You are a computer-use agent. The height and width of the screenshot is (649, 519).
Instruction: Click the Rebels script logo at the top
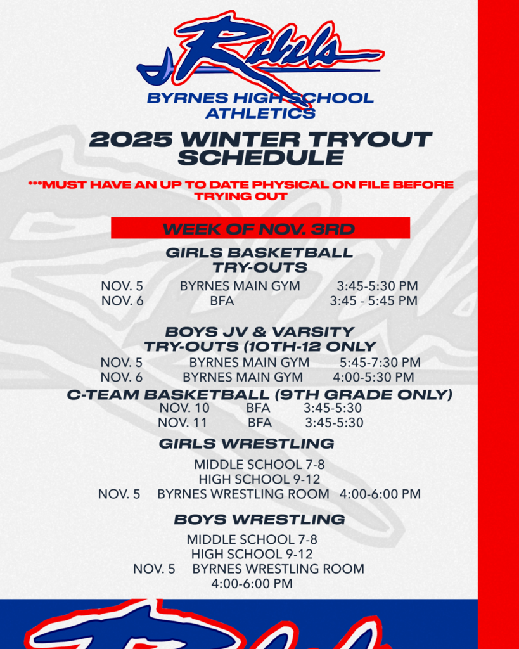tap(260, 51)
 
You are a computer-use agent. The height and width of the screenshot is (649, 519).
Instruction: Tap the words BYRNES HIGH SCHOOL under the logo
tap(260, 98)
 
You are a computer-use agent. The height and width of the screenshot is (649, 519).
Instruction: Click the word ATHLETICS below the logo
tap(260, 113)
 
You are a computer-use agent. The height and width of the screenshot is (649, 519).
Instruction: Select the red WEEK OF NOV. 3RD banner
tap(260, 228)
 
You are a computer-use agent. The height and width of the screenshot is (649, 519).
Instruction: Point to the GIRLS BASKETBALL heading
tap(259, 252)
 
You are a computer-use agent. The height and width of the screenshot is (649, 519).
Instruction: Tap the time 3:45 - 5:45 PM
tap(373, 300)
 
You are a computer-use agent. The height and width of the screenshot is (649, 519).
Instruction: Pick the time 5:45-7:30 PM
tap(380, 363)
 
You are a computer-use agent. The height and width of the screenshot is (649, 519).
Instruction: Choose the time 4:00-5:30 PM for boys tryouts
tap(373, 377)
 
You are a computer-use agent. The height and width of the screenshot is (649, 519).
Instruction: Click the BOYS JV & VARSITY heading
tap(259, 331)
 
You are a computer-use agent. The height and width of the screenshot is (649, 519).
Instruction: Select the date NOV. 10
tap(184, 408)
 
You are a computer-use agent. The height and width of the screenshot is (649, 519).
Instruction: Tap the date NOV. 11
tap(183, 422)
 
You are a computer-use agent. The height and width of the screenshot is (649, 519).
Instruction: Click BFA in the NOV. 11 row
tap(260, 422)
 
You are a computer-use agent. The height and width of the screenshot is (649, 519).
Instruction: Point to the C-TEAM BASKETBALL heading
tap(259, 395)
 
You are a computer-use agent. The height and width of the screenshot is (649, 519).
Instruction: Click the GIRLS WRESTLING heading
tap(247, 443)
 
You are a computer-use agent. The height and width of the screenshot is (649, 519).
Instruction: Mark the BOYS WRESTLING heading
tap(259, 520)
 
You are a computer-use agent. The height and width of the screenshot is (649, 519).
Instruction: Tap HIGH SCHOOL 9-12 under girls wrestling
tap(259, 479)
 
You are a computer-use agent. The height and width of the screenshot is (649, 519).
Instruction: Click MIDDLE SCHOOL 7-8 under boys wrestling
tap(252, 539)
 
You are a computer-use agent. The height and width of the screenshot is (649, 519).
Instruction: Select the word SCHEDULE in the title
tap(260, 157)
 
